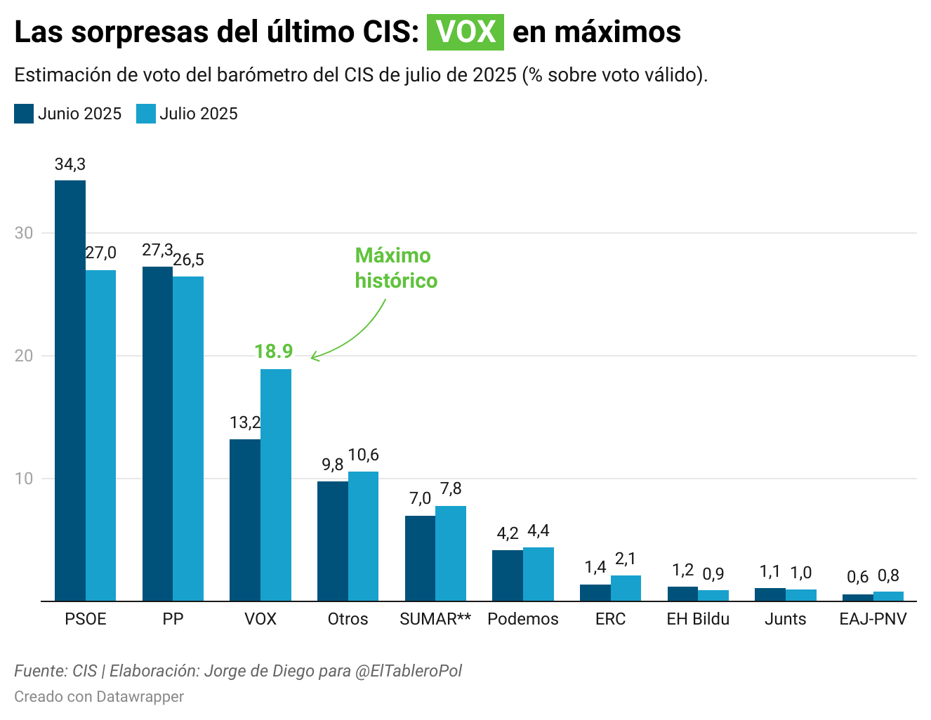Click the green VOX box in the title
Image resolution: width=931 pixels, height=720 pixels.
465,32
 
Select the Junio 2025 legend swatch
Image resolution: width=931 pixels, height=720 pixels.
24,114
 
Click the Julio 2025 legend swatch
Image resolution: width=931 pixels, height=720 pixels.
145,114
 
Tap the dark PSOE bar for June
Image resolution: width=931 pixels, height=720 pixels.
70,390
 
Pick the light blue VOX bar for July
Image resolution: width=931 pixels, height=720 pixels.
276,485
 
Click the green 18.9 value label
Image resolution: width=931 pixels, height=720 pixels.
273,352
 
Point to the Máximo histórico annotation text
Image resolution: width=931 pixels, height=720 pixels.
396,268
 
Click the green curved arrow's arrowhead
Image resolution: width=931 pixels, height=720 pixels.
313,357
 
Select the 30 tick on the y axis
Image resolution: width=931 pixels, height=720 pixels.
24,233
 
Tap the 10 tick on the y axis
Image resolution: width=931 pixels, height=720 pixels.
24,479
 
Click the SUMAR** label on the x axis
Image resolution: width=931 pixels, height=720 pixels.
435,619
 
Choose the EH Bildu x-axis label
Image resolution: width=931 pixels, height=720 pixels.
698,619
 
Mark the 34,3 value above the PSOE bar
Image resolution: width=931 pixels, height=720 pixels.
70,164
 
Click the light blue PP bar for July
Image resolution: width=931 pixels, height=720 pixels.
188,439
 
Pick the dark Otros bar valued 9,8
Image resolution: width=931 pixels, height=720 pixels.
333,541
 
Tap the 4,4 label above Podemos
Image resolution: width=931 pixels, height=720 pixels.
539,531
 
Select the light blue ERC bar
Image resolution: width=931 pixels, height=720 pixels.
626,588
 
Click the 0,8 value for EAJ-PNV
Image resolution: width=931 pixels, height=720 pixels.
888,576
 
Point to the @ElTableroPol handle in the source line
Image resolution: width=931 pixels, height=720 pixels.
409,671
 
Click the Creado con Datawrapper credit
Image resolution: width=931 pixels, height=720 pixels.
99,697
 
